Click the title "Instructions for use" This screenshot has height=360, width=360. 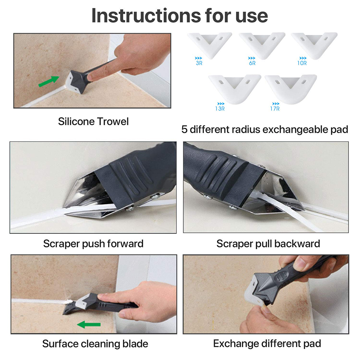tap(179, 15)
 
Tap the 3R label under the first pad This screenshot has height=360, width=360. tap(199, 63)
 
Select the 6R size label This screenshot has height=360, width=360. tap(252, 63)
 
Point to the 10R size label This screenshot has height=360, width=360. tap(302, 63)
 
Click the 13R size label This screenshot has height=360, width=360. tap(220, 109)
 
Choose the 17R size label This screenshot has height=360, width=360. tap(275, 109)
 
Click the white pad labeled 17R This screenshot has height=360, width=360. tap(291, 88)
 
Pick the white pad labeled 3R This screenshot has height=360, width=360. tap(210, 45)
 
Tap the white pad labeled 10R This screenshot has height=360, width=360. tap(314, 45)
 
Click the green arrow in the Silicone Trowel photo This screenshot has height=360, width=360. tap(49, 81)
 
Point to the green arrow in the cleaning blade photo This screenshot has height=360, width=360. tap(88, 324)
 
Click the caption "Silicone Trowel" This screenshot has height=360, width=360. tap(93, 122)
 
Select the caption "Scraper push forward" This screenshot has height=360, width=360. tap(93, 243)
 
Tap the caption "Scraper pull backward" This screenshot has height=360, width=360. tap(268, 243)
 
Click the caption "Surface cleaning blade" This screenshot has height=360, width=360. tap(95, 344)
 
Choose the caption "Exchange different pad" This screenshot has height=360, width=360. tap(267, 344)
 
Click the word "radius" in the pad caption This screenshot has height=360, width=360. tap(246, 129)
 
